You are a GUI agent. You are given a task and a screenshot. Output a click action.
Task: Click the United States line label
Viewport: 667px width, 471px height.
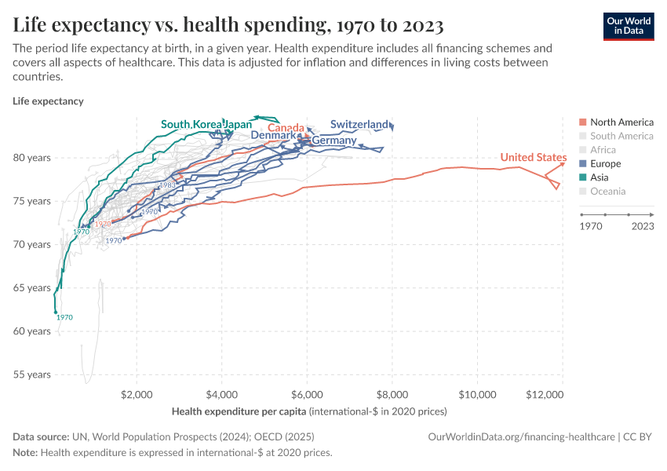pyautogui.click(x=534, y=158)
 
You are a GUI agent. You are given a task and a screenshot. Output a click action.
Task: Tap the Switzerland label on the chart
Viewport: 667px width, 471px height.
pyautogui.click(x=359, y=124)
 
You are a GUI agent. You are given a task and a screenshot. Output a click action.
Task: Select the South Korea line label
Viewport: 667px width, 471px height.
pyautogui.click(x=191, y=124)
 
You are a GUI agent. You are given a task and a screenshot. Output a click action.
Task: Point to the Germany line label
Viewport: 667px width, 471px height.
pyautogui.click(x=333, y=141)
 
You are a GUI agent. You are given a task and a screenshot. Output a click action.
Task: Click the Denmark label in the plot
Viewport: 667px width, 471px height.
pyautogui.click(x=273, y=135)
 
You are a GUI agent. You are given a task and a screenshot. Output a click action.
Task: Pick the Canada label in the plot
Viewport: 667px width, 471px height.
pyautogui.click(x=286, y=128)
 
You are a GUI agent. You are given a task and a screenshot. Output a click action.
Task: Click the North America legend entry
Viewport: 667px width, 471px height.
pyautogui.click(x=621, y=122)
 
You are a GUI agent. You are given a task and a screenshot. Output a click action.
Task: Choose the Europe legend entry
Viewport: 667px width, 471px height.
pyautogui.click(x=605, y=163)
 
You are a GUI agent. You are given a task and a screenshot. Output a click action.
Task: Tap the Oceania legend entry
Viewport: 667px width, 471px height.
pyautogui.click(x=607, y=191)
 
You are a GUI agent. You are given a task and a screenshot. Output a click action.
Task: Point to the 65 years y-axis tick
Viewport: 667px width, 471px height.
pyautogui.click(x=32, y=287)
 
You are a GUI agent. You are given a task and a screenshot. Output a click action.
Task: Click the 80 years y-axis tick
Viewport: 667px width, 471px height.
pyautogui.click(x=32, y=157)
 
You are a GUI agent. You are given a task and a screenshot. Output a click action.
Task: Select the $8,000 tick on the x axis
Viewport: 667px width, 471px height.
pyautogui.click(x=392, y=394)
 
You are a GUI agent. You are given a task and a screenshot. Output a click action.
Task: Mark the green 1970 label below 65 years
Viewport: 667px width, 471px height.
pyautogui.click(x=64, y=317)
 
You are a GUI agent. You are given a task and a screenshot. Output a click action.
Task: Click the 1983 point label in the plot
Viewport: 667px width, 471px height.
pyautogui.click(x=167, y=185)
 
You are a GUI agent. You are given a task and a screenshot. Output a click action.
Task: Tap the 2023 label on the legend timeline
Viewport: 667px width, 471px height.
pyautogui.click(x=643, y=226)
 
